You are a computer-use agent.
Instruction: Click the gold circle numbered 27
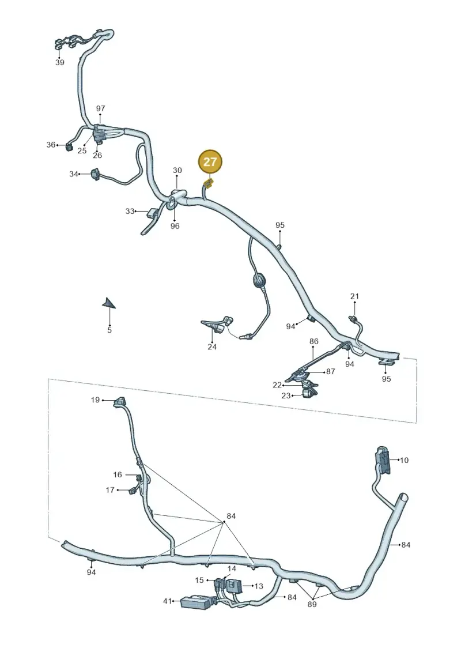point(210,161)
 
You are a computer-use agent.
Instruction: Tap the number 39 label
point(60,62)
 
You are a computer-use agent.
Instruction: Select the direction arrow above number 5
point(109,303)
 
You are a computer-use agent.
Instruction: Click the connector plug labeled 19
point(120,402)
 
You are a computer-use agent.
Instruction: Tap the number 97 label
point(101,108)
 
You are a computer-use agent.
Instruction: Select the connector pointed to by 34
point(96,174)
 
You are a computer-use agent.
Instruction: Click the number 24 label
point(212,347)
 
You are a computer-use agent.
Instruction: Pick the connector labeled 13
point(236,586)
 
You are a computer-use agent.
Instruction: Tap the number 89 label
point(312,604)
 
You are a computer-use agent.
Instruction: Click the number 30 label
point(177,171)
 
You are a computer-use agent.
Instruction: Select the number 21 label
point(354,296)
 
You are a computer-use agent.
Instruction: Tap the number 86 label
point(314,341)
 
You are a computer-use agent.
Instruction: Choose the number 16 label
point(118,474)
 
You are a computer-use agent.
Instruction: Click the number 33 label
point(130,211)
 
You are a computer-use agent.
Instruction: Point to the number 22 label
point(277,385)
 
